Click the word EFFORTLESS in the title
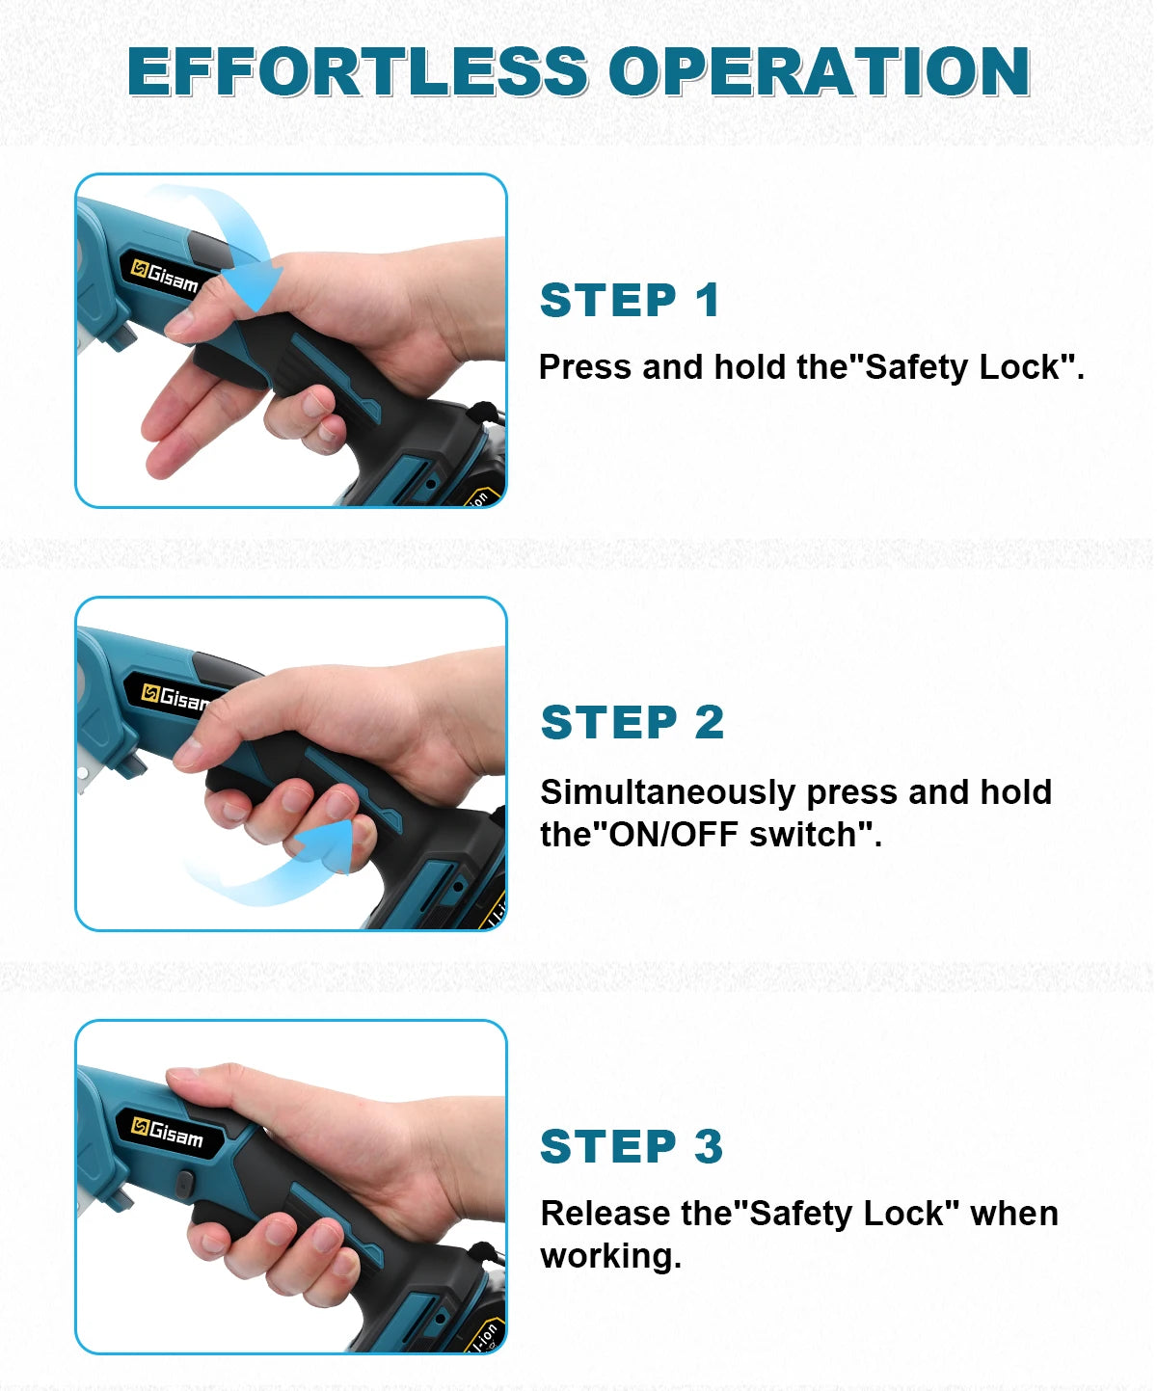point(358,71)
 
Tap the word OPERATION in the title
point(820,71)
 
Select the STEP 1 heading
point(630,300)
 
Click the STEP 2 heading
point(632,723)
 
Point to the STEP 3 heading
point(632,1146)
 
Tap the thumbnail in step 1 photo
point(179,322)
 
